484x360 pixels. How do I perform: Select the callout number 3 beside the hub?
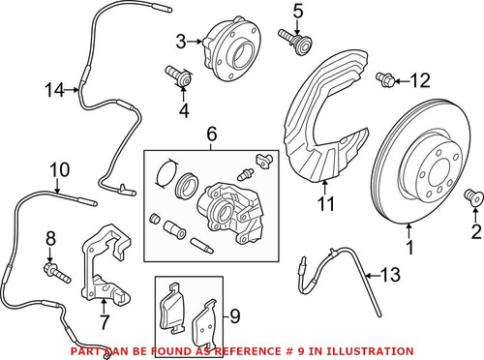coord(181,41)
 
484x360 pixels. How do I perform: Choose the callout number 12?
coord(419,80)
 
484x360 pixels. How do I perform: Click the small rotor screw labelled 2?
coord(472,197)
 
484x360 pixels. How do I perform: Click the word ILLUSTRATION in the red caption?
coord(373,349)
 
